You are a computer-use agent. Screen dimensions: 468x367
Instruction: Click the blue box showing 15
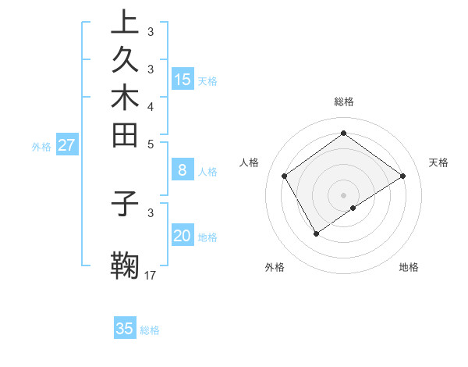[x=183, y=79]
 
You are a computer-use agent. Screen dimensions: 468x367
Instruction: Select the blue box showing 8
[x=183, y=169]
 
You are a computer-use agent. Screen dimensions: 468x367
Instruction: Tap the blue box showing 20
[x=183, y=236]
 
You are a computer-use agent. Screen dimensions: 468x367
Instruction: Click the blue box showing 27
[x=67, y=144]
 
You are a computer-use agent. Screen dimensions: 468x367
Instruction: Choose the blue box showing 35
[x=125, y=329]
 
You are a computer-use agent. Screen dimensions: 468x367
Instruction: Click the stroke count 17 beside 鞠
[x=151, y=276]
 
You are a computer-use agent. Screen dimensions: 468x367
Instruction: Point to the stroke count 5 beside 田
[x=151, y=144]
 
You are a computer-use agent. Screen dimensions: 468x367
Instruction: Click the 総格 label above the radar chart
[x=344, y=102]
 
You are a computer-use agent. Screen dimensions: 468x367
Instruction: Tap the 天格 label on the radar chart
[x=438, y=162]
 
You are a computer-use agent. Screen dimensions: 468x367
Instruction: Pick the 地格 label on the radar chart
[x=409, y=267]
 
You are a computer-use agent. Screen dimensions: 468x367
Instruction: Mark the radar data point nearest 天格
[x=402, y=176]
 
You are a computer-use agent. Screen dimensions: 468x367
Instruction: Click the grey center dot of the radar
[x=344, y=194]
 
